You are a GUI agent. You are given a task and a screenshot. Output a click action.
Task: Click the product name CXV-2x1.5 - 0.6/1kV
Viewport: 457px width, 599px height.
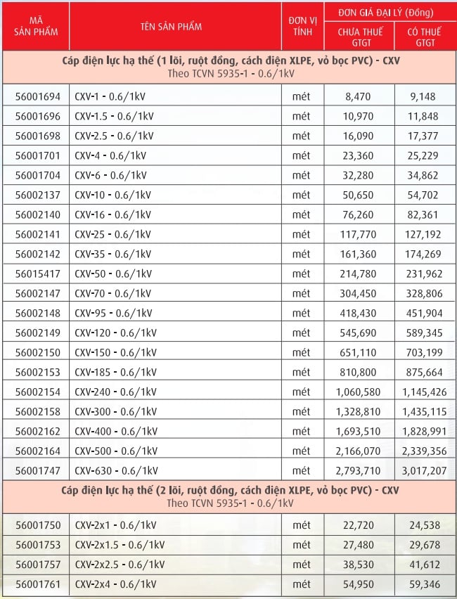tap(120, 545)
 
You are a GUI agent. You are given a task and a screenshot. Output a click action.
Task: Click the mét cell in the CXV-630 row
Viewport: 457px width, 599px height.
tap(301, 470)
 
